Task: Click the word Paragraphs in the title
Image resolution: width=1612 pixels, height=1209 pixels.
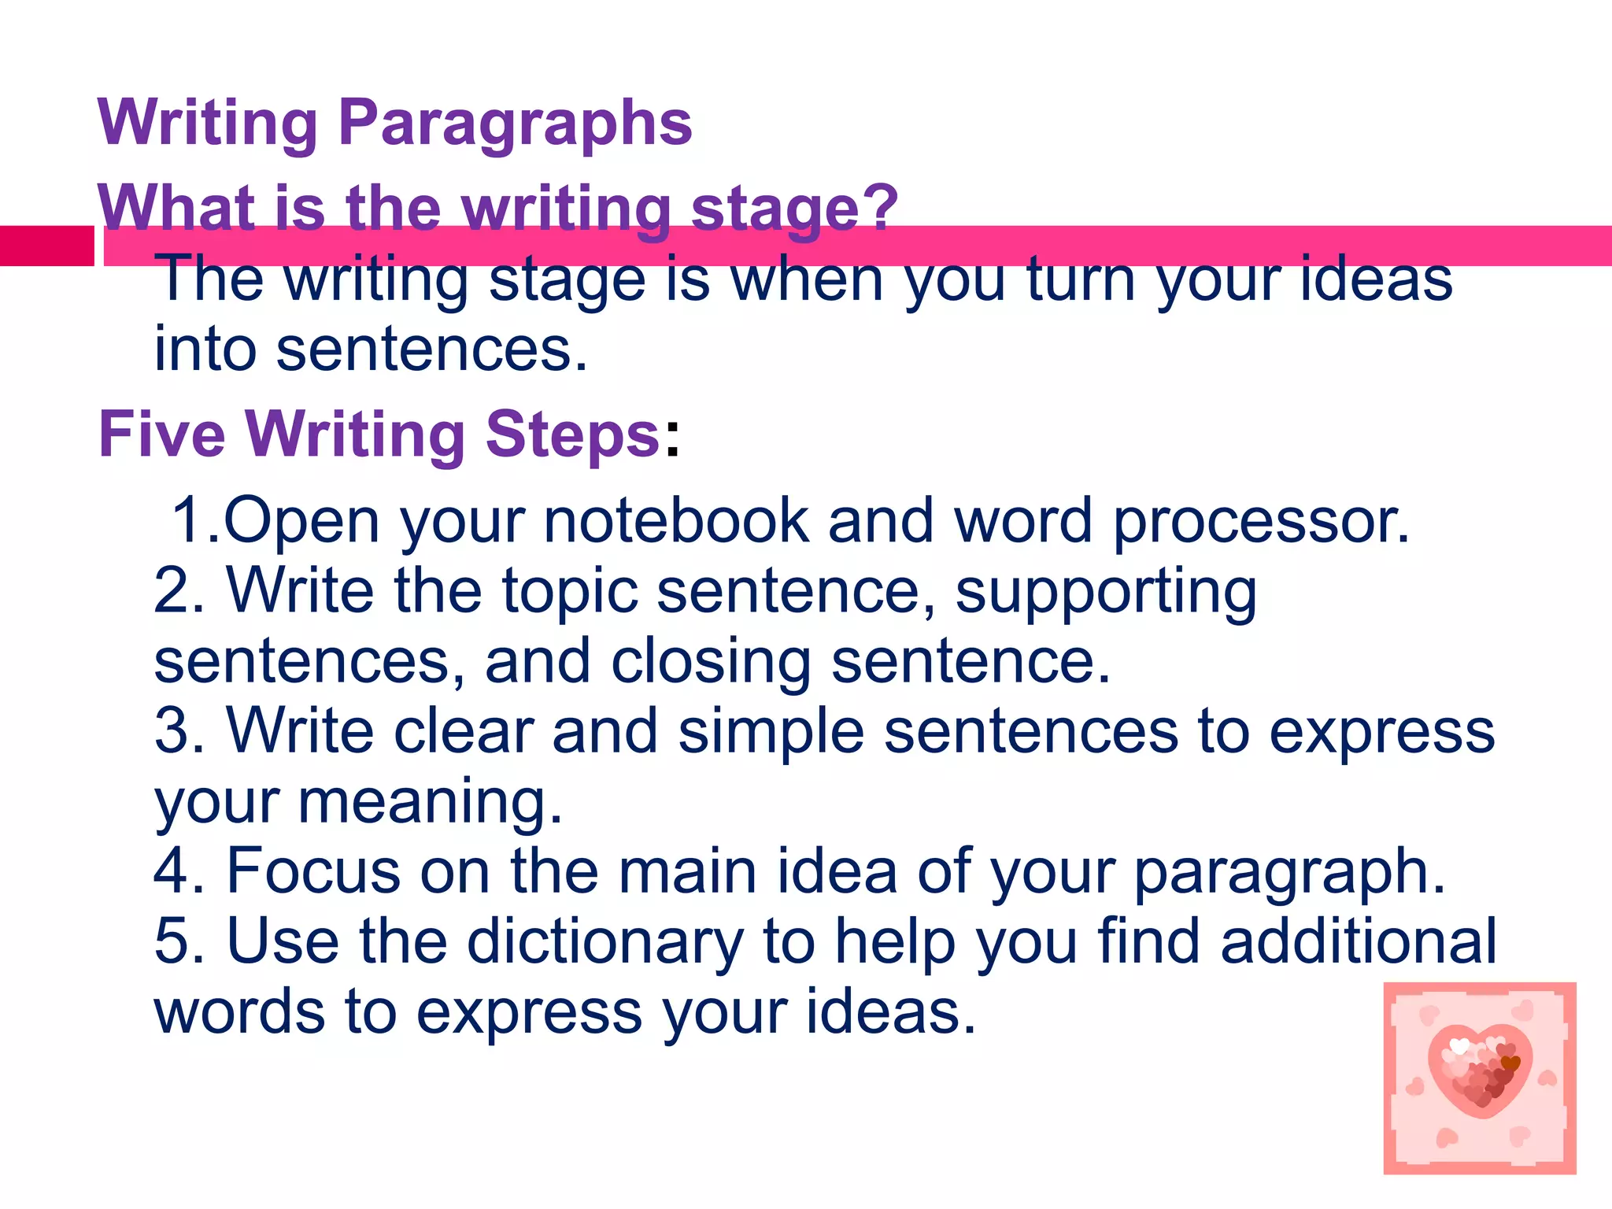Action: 515,124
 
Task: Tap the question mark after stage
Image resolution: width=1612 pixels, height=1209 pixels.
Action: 880,206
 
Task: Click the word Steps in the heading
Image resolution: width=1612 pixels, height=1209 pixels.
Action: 572,435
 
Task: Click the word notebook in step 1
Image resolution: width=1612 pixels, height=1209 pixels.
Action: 675,520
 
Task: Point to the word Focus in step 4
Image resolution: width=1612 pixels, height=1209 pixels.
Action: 313,871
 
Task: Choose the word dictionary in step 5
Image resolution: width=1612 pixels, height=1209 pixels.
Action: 604,941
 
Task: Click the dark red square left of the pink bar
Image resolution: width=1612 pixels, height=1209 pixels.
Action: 46,246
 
